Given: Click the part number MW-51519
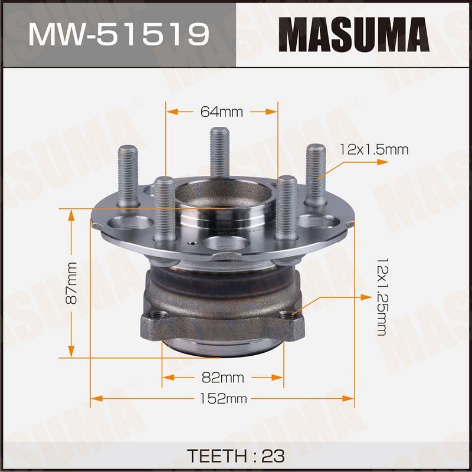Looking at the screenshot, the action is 119,35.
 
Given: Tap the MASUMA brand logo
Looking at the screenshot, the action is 353,35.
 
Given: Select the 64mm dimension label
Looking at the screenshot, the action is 222,112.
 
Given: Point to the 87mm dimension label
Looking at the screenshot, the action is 72,283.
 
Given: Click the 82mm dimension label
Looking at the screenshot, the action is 223,378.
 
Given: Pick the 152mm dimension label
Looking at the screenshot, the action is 224,399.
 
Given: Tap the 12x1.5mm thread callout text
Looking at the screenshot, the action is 374,149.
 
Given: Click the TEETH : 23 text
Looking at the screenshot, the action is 235,455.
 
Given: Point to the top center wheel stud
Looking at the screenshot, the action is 219,152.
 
